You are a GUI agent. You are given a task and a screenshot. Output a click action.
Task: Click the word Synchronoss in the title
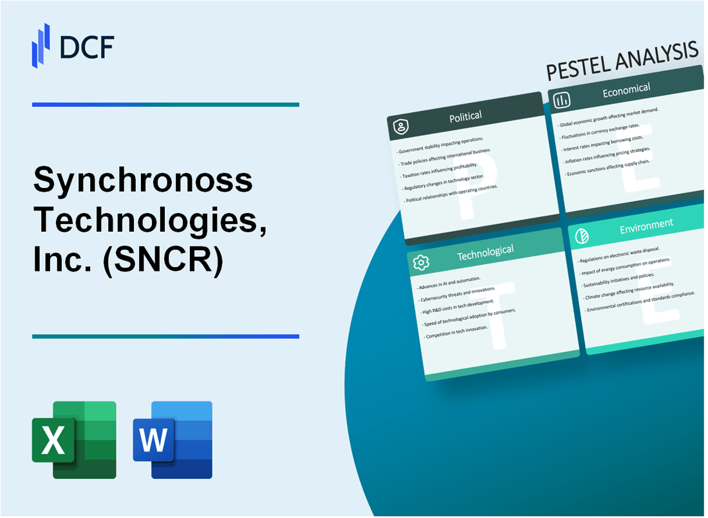[143, 181]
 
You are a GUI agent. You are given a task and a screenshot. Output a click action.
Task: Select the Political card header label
[465, 116]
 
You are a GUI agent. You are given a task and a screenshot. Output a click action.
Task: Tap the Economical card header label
[626, 91]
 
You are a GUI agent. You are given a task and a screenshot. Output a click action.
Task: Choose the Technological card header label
[485, 253]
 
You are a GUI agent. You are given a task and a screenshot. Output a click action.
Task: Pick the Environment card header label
[646, 225]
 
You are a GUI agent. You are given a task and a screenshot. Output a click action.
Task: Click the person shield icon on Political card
[401, 127]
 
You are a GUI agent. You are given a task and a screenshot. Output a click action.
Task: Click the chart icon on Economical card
[562, 100]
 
